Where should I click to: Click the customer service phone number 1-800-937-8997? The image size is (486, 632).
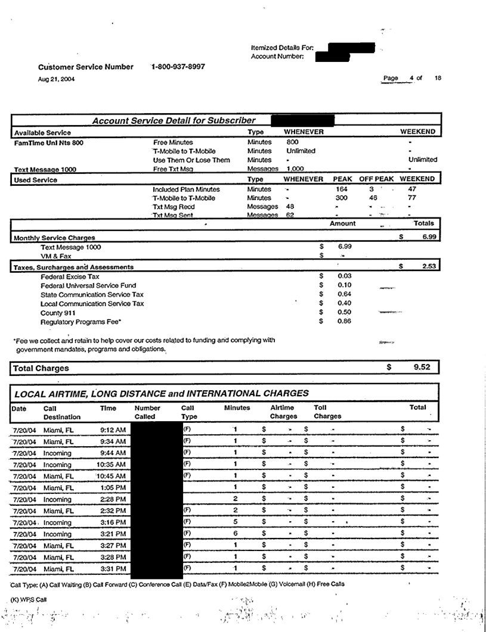[x=178, y=67]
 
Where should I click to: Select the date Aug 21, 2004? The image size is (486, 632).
[x=57, y=79]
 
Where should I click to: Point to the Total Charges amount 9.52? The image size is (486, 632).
[x=422, y=368]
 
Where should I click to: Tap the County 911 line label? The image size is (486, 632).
[x=58, y=313]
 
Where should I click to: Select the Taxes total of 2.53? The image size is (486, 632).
[x=425, y=267]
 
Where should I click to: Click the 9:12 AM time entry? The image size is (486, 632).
[x=113, y=429]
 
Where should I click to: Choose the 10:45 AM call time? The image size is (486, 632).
[x=112, y=475]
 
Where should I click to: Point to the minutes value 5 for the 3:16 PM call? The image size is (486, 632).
[x=236, y=521]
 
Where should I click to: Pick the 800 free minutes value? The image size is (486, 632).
[x=292, y=142]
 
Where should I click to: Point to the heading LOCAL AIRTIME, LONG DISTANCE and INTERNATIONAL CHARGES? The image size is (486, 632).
[x=161, y=393]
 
